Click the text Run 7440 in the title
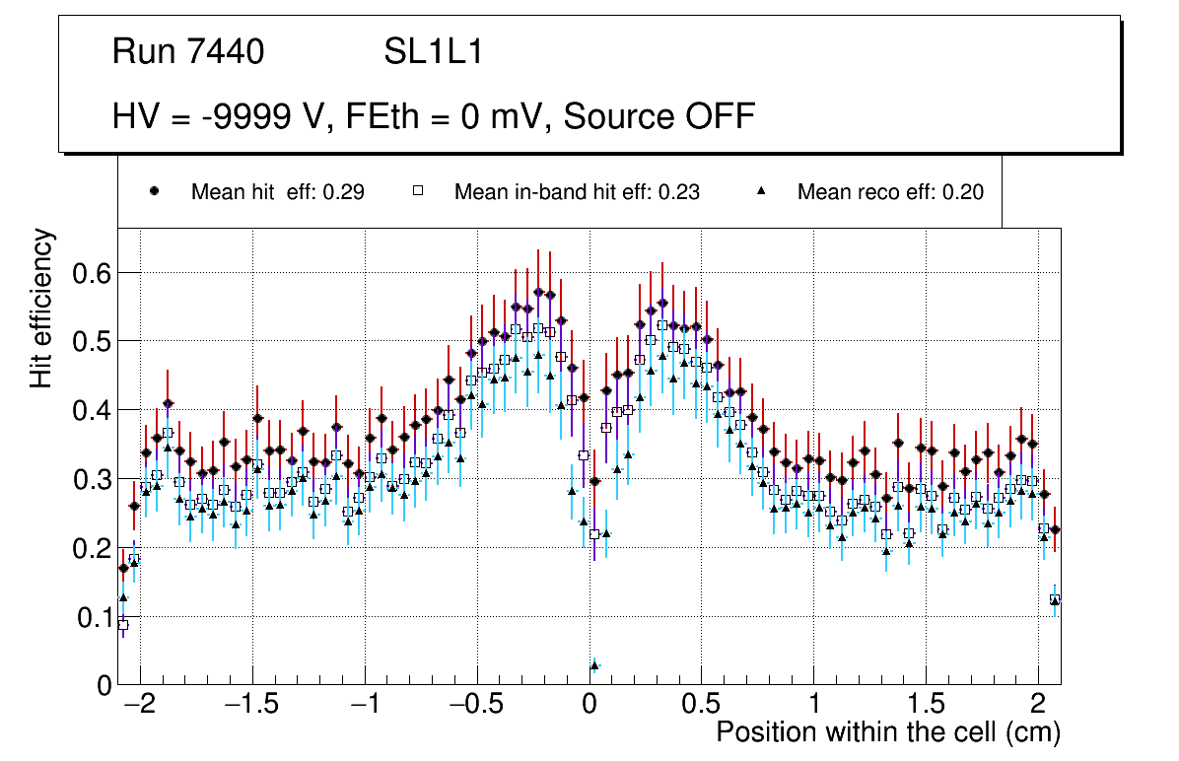click(188, 52)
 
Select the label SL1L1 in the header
click(433, 52)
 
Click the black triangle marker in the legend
click(761, 191)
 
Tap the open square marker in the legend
click(417, 191)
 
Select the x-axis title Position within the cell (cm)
click(887, 732)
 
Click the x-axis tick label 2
click(1037, 705)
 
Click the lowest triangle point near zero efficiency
click(594, 666)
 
